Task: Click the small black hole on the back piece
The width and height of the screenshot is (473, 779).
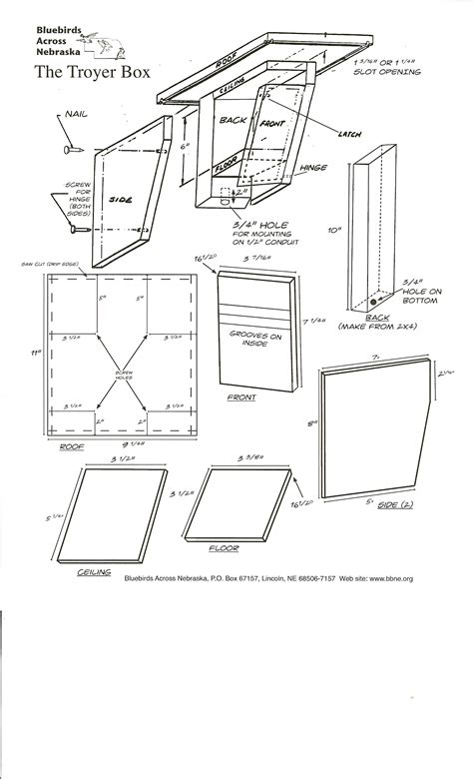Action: pyautogui.click(x=373, y=297)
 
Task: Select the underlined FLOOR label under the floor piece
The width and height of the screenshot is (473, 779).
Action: pyautogui.click(x=224, y=548)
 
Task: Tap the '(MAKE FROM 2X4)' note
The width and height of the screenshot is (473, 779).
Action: pyautogui.click(x=377, y=326)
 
